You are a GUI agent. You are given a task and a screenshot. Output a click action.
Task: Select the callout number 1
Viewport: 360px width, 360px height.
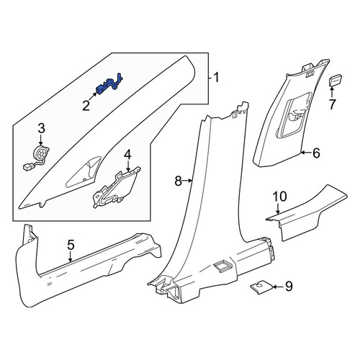tap(216, 78)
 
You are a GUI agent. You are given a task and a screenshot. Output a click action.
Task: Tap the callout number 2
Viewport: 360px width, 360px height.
tap(86, 106)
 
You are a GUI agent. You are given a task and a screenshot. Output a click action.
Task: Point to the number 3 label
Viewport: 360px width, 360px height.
tap(41, 128)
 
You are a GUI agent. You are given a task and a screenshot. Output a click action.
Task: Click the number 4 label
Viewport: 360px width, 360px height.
tap(127, 154)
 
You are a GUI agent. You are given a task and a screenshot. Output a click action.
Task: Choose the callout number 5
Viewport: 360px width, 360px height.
tap(71, 245)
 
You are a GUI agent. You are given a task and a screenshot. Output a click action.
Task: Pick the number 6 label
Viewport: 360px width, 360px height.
tap(316, 153)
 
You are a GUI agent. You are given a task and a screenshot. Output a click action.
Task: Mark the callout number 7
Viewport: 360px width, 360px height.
tap(332, 104)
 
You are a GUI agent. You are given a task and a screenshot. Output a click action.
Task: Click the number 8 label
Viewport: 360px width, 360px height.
tap(178, 181)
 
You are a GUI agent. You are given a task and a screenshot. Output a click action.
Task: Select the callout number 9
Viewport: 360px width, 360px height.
tap(289, 287)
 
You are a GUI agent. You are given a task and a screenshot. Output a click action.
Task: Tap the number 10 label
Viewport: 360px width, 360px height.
tap(279, 197)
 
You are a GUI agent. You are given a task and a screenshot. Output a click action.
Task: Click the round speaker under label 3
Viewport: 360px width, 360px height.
tap(41, 153)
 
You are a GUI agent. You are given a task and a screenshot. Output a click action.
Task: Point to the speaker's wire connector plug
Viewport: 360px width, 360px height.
tap(27, 167)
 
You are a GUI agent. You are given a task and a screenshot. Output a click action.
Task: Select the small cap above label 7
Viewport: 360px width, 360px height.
tap(335, 80)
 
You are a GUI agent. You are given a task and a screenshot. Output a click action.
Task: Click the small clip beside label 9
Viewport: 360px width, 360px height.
tap(261, 288)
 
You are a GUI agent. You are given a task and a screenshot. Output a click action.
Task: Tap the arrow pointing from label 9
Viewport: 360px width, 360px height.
tap(279, 287)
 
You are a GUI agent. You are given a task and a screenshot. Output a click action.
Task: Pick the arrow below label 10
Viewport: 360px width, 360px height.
tap(278, 209)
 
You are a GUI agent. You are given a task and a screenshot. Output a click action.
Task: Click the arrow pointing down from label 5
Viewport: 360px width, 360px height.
tap(70, 256)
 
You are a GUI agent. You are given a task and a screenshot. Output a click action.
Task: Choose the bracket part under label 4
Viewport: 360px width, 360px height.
tap(117, 188)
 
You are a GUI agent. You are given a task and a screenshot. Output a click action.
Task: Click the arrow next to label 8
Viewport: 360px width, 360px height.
tap(187, 181)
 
